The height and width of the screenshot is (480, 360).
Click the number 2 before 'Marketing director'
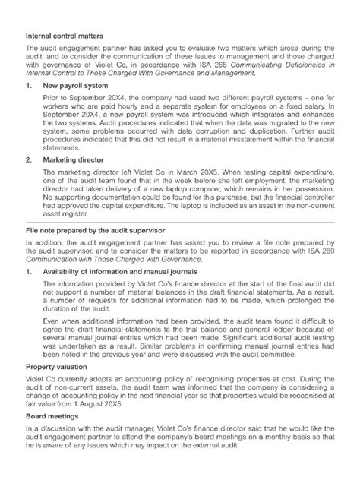(x=30, y=182)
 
